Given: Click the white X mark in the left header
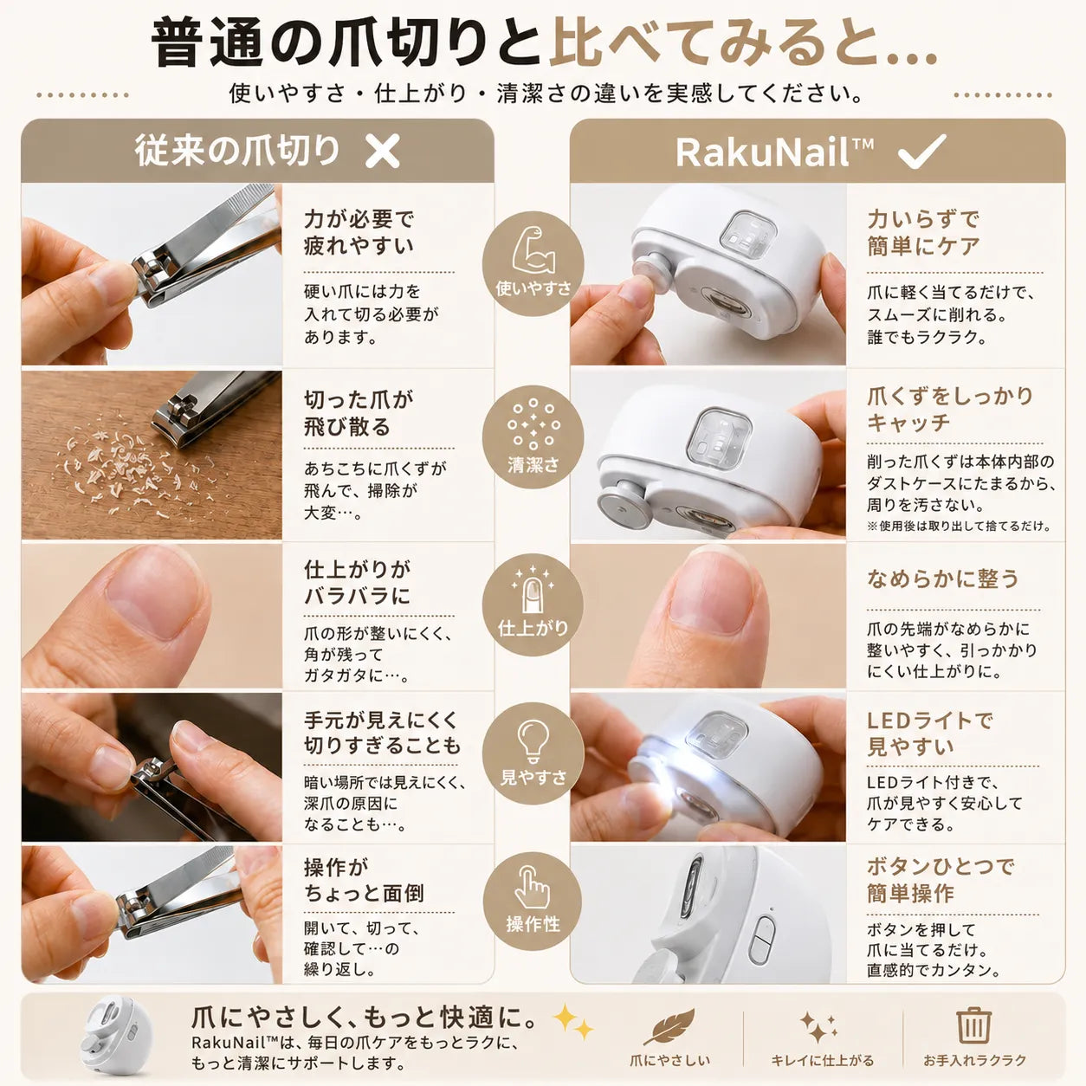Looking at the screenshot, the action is [383, 151].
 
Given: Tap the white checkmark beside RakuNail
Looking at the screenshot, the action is [922, 151].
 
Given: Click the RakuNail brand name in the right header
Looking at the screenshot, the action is [774, 152].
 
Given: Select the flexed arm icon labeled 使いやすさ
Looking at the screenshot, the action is [533, 250].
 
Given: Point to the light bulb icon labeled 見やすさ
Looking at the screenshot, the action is [533, 742].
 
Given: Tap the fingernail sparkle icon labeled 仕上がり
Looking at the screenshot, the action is [533, 590].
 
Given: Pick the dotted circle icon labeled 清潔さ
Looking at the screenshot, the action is [533, 424].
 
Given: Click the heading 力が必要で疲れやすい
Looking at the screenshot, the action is [359, 232].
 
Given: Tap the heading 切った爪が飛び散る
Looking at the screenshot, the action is [359, 413].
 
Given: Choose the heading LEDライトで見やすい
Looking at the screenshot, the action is [930, 734].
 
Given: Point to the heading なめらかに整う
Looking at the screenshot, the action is [943, 579].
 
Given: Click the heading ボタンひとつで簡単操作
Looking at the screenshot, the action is [941, 880].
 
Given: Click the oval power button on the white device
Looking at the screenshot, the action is [762, 940].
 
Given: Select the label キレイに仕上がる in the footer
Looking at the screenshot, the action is [822, 1060].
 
